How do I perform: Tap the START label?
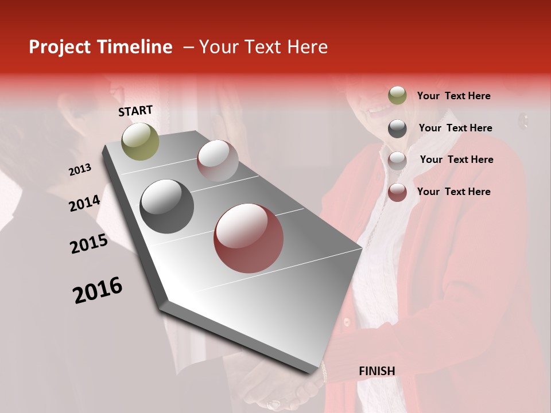tap(135, 111)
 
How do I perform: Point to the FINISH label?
tap(377, 371)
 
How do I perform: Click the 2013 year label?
tap(80, 170)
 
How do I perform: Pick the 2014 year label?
tap(84, 204)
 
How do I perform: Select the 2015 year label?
tap(89, 244)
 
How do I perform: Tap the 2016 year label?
tap(98, 290)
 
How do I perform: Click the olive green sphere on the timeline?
tap(141, 141)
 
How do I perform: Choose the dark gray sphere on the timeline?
tap(167, 206)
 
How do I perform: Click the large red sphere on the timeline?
tap(249, 238)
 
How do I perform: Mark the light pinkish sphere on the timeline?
tap(218, 160)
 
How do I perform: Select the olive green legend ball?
tap(397, 96)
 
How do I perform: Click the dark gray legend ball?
tap(397, 128)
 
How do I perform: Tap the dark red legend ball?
tap(397, 192)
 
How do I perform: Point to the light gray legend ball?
tap(397, 160)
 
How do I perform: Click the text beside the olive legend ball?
tap(453, 96)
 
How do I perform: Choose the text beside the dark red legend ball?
tap(453, 192)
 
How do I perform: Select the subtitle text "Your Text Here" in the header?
tap(263, 48)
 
